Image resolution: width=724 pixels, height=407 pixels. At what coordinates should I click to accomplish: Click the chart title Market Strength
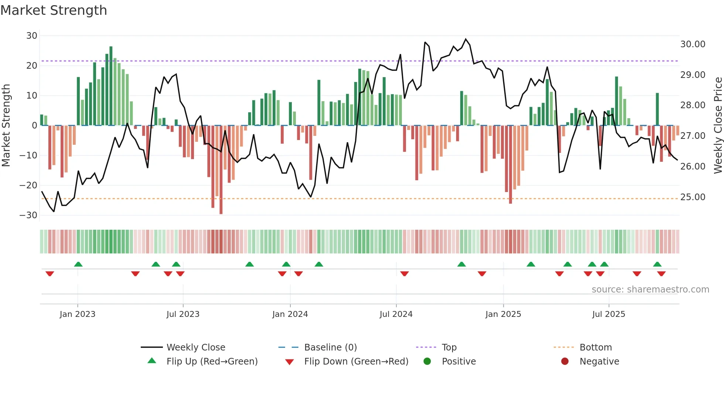pyautogui.click(x=54, y=10)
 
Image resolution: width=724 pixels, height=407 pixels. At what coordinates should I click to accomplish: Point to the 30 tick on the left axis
pyautogui.click(x=32, y=36)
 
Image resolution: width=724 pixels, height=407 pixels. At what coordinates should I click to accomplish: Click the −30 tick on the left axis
pyautogui.click(x=28, y=215)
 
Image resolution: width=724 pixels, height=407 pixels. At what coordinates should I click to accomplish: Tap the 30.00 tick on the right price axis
pyautogui.click(x=693, y=44)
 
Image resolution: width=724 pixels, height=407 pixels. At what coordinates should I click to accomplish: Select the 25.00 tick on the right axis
pyautogui.click(x=693, y=197)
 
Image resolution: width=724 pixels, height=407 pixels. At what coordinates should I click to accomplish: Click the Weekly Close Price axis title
pyautogui.click(x=718, y=126)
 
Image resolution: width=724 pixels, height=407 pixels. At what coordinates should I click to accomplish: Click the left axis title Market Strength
pyautogui.click(x=6, y=126)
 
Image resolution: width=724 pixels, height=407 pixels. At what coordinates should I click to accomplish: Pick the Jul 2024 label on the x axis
pyautogui.click(x=396, y=314)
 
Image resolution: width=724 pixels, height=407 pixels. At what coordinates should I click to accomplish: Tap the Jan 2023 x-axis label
pyautogui.click(x=78, y=314)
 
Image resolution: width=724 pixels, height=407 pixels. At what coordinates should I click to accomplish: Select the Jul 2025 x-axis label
pyautogui.click(x=608, y=314)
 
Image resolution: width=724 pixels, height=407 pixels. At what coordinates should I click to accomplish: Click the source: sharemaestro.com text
pyautogui.click(x=650, y=290)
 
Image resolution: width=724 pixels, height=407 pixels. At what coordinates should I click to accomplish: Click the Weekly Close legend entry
pyautogui.click(x=195, y=348)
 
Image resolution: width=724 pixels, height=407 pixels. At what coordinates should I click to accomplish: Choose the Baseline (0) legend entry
pyautogui.click(x=330, y=348)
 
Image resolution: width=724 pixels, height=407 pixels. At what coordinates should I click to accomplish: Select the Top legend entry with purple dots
pyautogui.click(x=449, y=348)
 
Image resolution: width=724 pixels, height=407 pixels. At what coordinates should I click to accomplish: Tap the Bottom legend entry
pyautogui.click(x=595, y=348)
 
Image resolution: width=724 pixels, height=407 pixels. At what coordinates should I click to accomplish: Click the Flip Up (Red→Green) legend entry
pyautogui.click(x=212, y=362)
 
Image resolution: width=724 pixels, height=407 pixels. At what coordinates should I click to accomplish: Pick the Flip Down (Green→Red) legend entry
pyautogui.click(x=356, y=362)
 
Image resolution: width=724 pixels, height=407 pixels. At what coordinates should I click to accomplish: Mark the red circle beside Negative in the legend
pyautogui.click(x=565, y=362)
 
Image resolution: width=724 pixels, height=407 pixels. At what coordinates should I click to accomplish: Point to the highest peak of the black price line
pyautogui.click(x=466, y=39)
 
